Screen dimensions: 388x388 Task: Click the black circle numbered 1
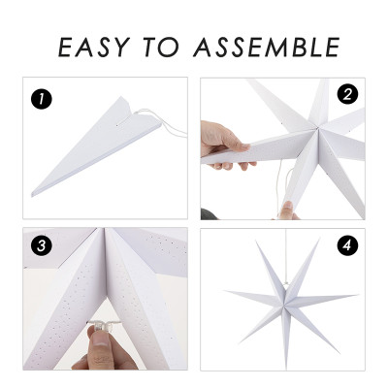point(40,98)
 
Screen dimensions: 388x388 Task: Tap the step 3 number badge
point(40,246)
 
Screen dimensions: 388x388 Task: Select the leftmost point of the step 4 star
point(226,291)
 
